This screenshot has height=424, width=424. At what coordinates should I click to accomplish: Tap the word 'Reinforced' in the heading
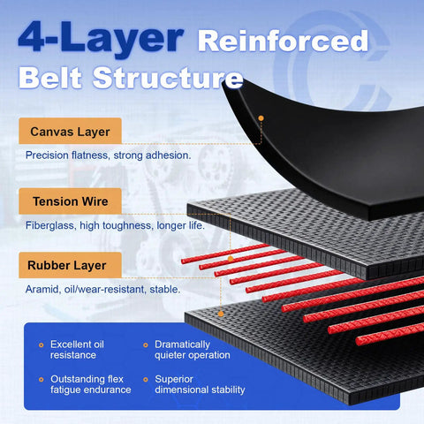[x=283, y=42]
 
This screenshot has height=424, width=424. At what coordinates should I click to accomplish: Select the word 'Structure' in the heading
[x=168, y=78]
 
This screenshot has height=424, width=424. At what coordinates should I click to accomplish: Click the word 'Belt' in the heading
[x=50, y=78]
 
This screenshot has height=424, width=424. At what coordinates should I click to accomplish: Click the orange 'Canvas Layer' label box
[x=70, y=131]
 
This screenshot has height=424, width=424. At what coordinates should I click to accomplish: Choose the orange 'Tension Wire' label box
[x=70, y=201]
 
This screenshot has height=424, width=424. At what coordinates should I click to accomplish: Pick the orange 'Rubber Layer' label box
[x=70, y=265]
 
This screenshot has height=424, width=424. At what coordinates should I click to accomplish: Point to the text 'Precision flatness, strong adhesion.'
[x=108, y=155]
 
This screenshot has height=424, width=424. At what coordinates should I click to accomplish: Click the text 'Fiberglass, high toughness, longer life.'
[x=115, y=225]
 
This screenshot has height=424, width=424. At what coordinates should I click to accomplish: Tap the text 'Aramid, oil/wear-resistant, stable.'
[x=102, y=289]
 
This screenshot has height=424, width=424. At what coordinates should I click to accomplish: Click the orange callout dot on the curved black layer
[x=261, y=118]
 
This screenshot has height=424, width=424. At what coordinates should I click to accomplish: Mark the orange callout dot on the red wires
[x=231, y=259]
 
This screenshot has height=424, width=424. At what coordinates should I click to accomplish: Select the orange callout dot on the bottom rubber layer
[x=221, y=314]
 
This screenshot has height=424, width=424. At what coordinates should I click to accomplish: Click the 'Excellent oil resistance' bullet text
[x=77, y=350]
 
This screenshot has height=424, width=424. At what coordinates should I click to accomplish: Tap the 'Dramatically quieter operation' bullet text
[x=193, y=350]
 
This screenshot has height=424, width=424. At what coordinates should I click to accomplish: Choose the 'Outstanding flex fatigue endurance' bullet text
[x=91, y=384]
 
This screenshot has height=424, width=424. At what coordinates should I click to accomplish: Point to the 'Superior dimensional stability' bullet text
[x=200, y=384]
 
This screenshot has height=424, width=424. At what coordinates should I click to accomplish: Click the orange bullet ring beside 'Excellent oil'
[x=42, y=344]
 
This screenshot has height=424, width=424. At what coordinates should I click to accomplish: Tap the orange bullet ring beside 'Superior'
[x=146, y=380]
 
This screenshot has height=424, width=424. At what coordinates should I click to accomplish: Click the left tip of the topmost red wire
[x=182, y=261]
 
